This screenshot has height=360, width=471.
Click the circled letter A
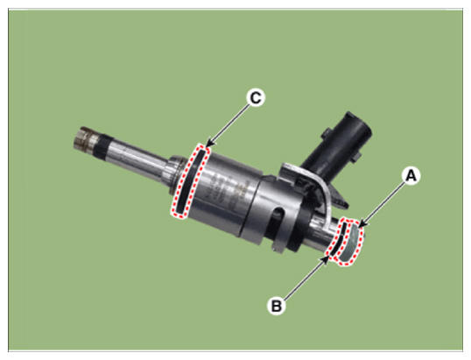click(x=411, y=176)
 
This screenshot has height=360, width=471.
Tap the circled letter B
click(x=277, y=306)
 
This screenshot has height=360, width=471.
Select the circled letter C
click(x=256, y=97)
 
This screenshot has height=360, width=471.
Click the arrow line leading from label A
click(x=382, y=205)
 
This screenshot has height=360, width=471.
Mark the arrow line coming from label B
click(x=305, y=277)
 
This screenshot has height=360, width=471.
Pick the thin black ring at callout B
click(x=337, y=239)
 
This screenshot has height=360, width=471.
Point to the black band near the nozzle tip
click(x=102, y=146)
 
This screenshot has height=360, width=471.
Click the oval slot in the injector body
click(x=278, y=219)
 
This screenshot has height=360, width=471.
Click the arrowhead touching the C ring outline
click(x=210, y=144)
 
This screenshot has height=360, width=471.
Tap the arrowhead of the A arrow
click(x=362, y=224)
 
